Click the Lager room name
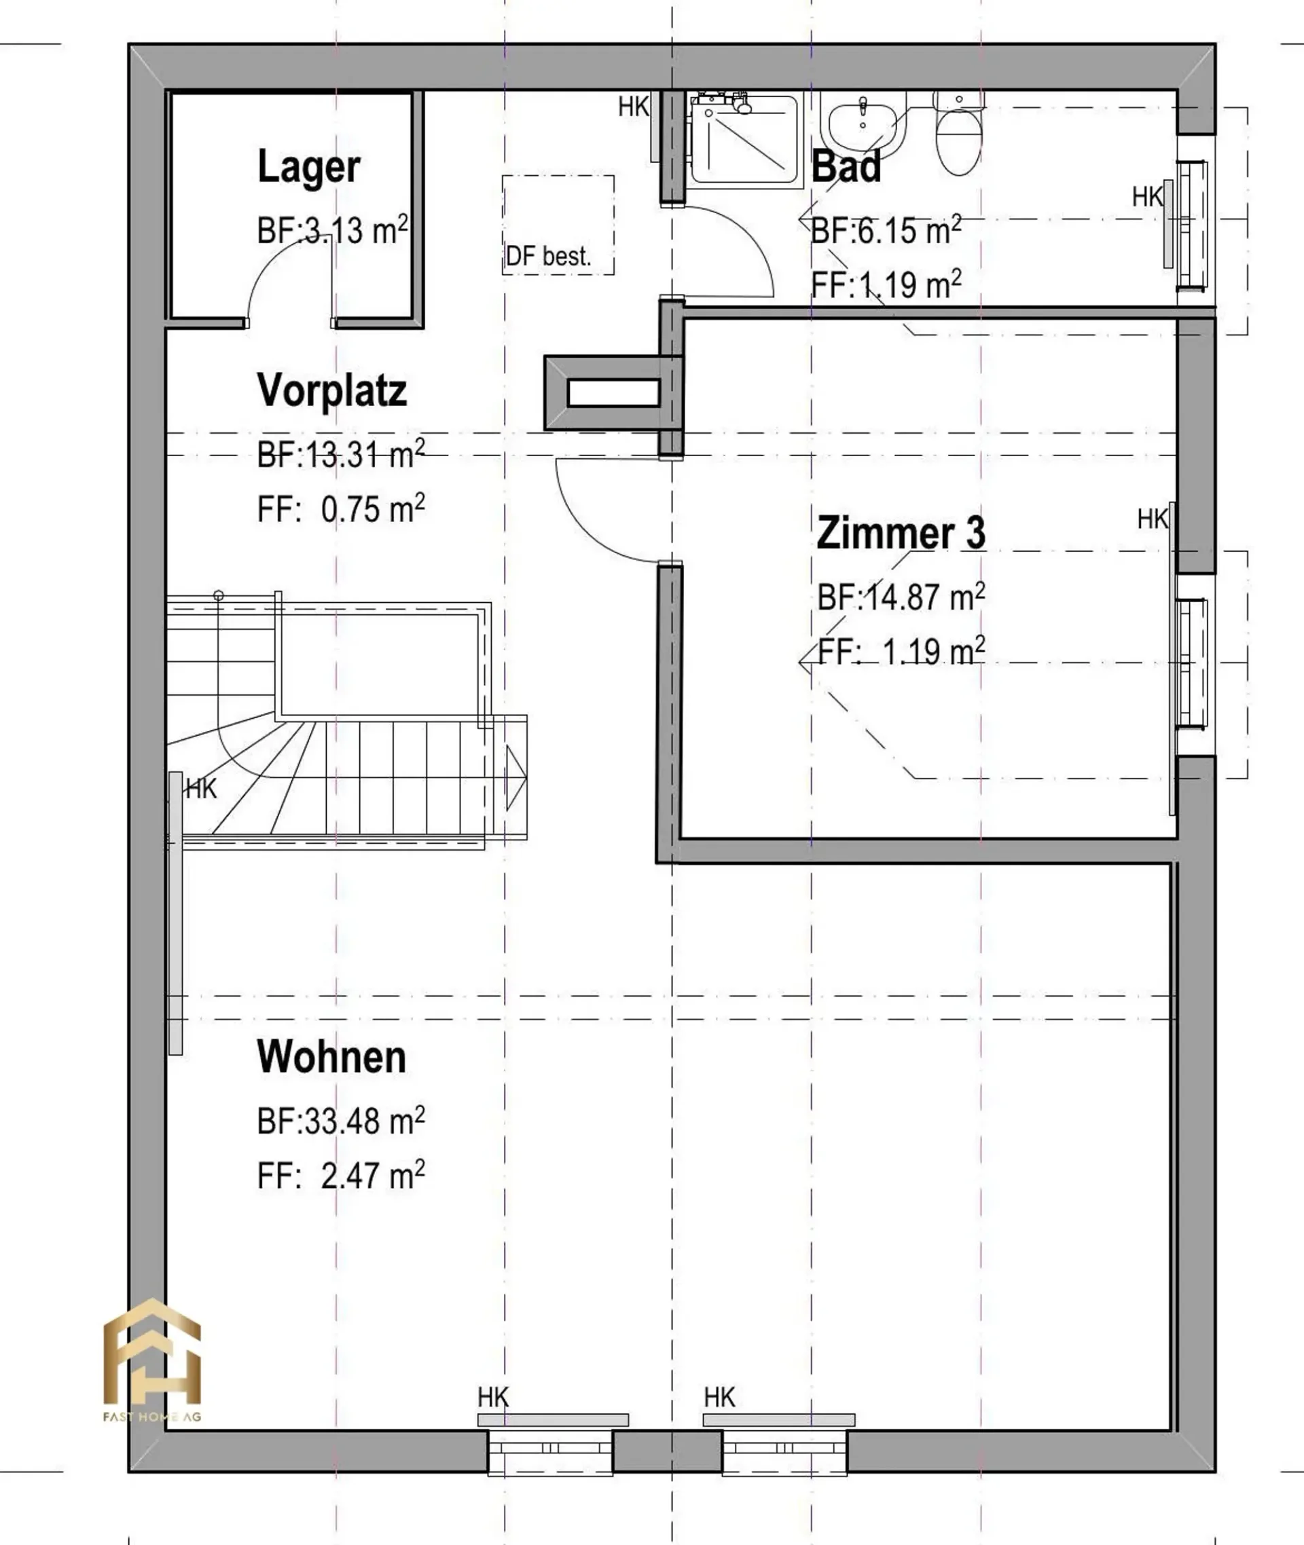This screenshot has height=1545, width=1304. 309,168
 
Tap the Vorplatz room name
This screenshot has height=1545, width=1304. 332,390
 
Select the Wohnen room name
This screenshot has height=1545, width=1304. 331,1057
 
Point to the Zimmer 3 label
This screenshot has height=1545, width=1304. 901,532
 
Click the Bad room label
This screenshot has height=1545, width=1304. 846,167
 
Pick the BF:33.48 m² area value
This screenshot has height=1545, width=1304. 341,1120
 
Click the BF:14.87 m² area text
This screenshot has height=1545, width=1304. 901,596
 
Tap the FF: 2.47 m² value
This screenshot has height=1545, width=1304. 341,1175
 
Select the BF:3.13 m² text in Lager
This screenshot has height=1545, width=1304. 333,230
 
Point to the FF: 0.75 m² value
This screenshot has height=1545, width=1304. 341,508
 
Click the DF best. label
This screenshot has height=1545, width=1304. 549,257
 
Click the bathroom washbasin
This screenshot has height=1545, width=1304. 863,126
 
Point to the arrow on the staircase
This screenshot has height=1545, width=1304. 515,777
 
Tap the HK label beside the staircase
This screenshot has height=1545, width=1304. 201,789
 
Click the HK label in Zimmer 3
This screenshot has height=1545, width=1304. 1153,519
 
